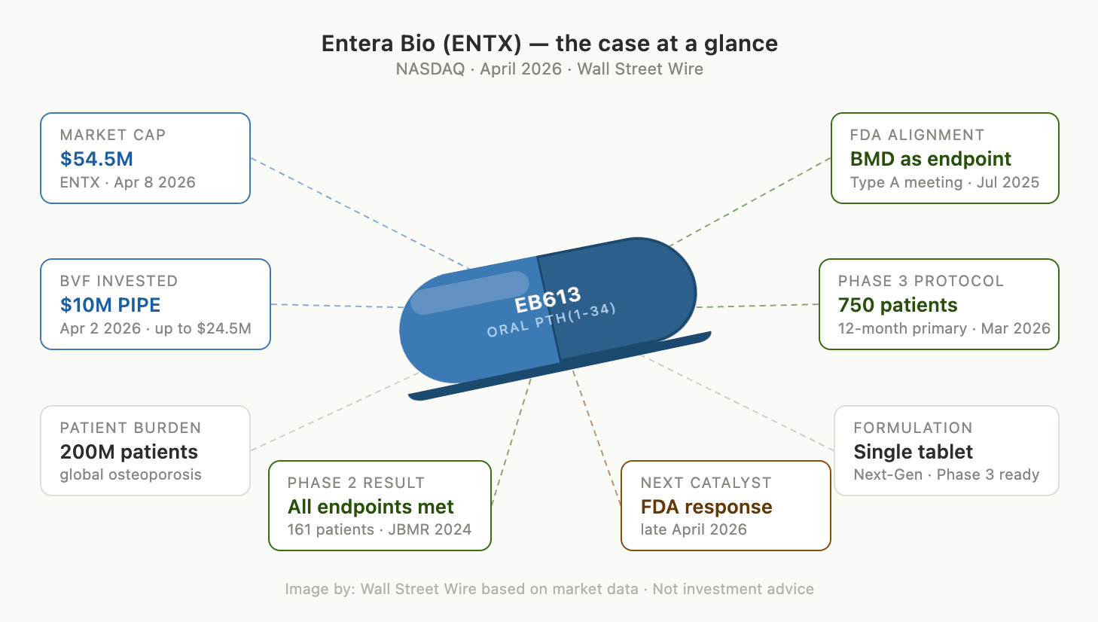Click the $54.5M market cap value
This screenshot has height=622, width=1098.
96,159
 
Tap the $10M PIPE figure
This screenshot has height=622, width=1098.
110,305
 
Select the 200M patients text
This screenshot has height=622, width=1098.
129,452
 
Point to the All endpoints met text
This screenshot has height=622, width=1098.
371,507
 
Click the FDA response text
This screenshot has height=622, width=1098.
706,507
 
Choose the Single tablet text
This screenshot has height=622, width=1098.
913,452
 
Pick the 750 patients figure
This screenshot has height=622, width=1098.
898,305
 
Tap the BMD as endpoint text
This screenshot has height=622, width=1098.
930,159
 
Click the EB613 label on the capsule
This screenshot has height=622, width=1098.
547,300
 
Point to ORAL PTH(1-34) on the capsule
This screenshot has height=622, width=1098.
551,320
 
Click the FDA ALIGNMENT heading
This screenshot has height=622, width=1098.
917,135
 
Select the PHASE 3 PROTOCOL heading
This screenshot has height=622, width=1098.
920,281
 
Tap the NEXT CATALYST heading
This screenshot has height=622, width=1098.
706,483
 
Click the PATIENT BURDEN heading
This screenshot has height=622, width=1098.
130,428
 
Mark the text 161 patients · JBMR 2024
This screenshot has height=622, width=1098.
379,529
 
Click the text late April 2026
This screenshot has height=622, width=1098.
694,529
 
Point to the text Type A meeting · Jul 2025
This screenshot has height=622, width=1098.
944,182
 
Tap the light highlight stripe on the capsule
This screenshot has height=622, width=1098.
470,292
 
